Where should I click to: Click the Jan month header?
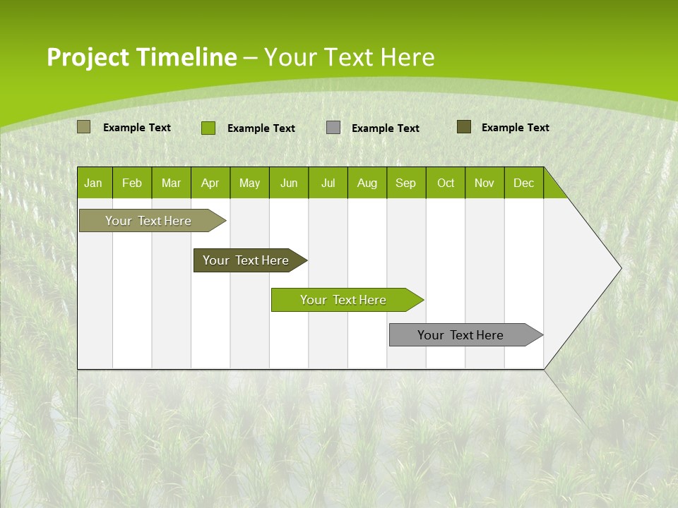pyautogui.click(x=94, y=183)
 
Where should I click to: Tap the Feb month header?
pyautogui.click(x=132, y=183)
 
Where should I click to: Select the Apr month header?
pyautogui.click(x=210, y=183)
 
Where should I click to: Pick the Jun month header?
pyautogui.click(x=289, y=183)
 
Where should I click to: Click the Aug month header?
pyautogui.click(x=367, y=183)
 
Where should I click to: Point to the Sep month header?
pyautogui.click(x=406, y=183)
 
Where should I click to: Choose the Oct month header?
pyautogui.click(x=446, y=183)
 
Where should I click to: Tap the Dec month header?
pyautogui.click(x=524, y=183)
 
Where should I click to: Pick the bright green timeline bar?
pyautogui.click(x=344, y=300)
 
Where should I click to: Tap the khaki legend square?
pyautogui.click(x=83, y=127)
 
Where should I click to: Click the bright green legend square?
pyautogui.click(x=208, y=128)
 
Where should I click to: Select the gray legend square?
pyautogui.click(x=333, y=127)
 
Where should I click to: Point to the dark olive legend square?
pyautogui.click(x=464, y=127)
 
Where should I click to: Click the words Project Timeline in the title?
pyautogui.click(x=141, y=57)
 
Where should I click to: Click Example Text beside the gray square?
pyautogui.click(x=386, y=128)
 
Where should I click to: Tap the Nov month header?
pyautogui.click(x=484, y=183)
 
